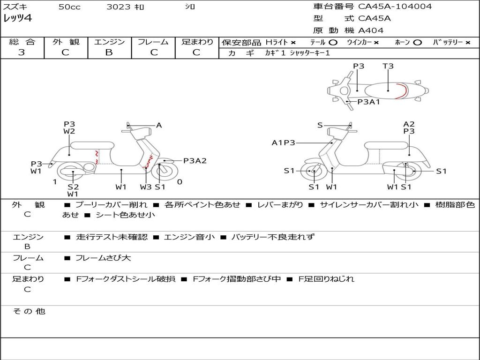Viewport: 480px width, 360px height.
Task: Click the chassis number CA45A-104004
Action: pos(395,7)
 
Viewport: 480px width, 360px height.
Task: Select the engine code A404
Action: pos(371,30)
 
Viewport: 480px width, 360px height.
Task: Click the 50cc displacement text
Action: pos(69,7)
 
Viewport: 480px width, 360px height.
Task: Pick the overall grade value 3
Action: pos(22,52)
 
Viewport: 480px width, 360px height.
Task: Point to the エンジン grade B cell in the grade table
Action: pos(109,52)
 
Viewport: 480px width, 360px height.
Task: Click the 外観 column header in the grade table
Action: pos(66,42)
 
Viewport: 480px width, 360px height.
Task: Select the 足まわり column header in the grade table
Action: pos(197,42)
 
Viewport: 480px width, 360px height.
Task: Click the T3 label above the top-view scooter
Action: pos(388,66)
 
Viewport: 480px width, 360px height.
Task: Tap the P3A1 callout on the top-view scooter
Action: pos(368,102)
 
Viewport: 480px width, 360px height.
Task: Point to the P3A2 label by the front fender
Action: pos(195,161)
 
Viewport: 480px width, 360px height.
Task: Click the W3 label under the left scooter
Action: pos(146,187)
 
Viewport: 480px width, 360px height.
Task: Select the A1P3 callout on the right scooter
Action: pos(283,142)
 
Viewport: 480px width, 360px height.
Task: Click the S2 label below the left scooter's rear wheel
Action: pos(73,187)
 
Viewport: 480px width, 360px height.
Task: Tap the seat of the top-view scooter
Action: pos(387,90)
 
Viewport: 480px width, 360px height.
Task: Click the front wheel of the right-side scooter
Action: pos(314,172)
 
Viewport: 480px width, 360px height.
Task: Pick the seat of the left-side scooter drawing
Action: pos(92,145)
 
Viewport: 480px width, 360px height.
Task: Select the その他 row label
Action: pos(29,311)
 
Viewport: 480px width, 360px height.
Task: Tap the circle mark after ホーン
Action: pos(417,43)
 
